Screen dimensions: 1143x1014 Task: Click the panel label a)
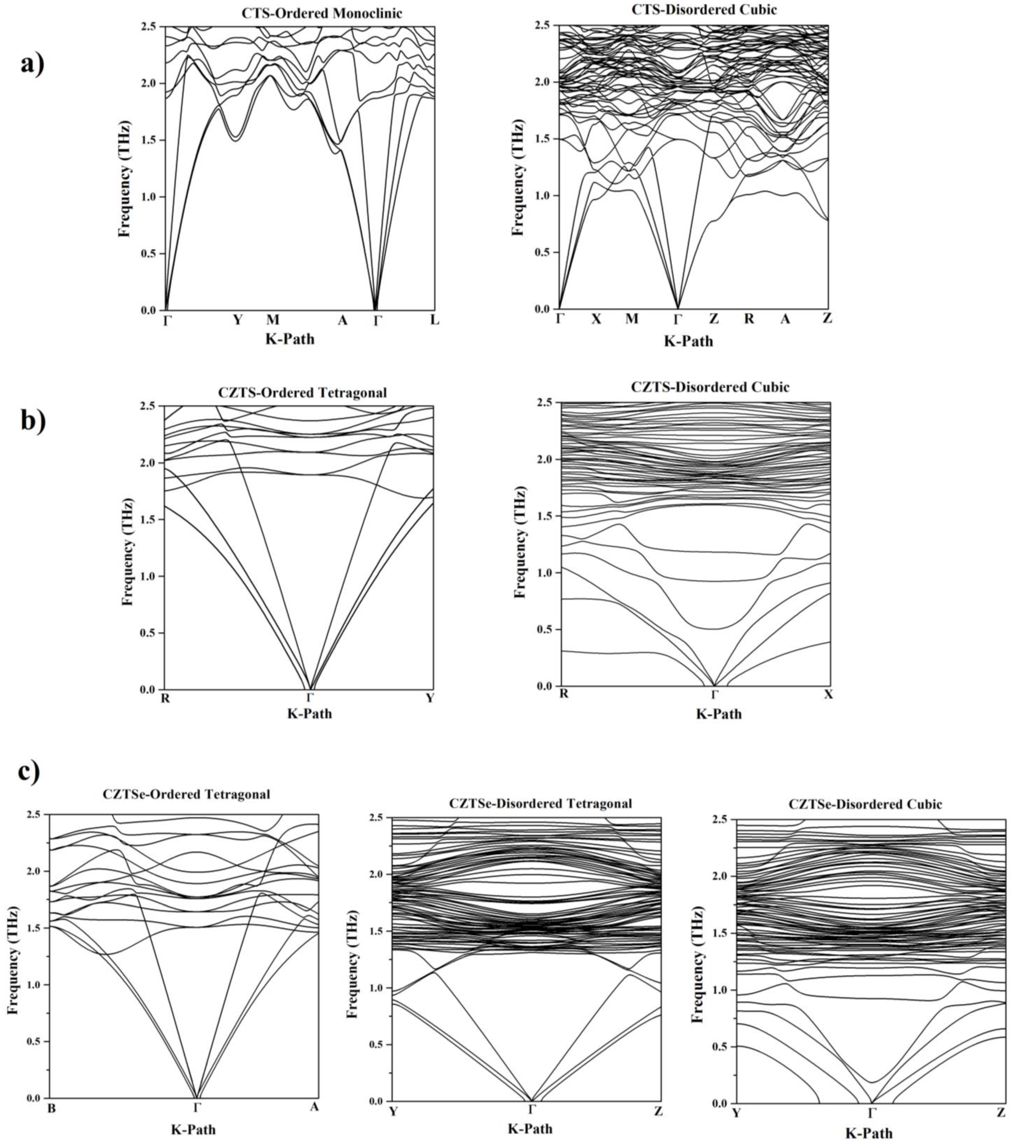tap(32, 65)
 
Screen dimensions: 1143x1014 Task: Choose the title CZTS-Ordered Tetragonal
tap(302, 393)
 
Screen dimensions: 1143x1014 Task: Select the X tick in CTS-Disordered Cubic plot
tap(596, 319)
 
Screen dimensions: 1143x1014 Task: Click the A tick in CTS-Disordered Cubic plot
tap(785, 319)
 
